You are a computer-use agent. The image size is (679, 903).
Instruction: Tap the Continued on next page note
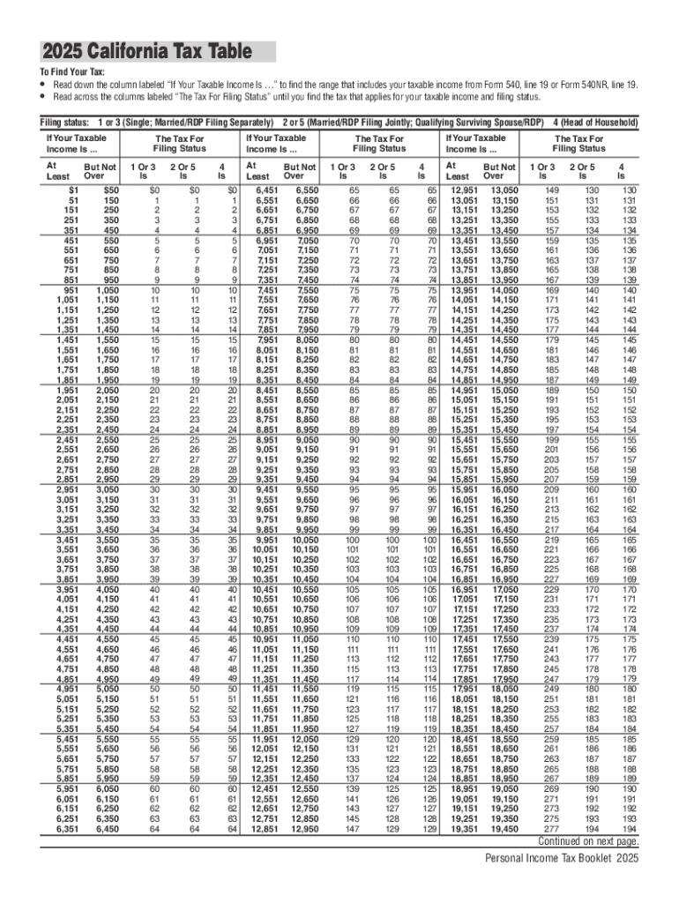[x=588, y=840]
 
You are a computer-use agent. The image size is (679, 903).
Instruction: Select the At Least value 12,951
[x=465, y=190]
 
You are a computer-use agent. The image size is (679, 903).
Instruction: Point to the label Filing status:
[x=65, y=122]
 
